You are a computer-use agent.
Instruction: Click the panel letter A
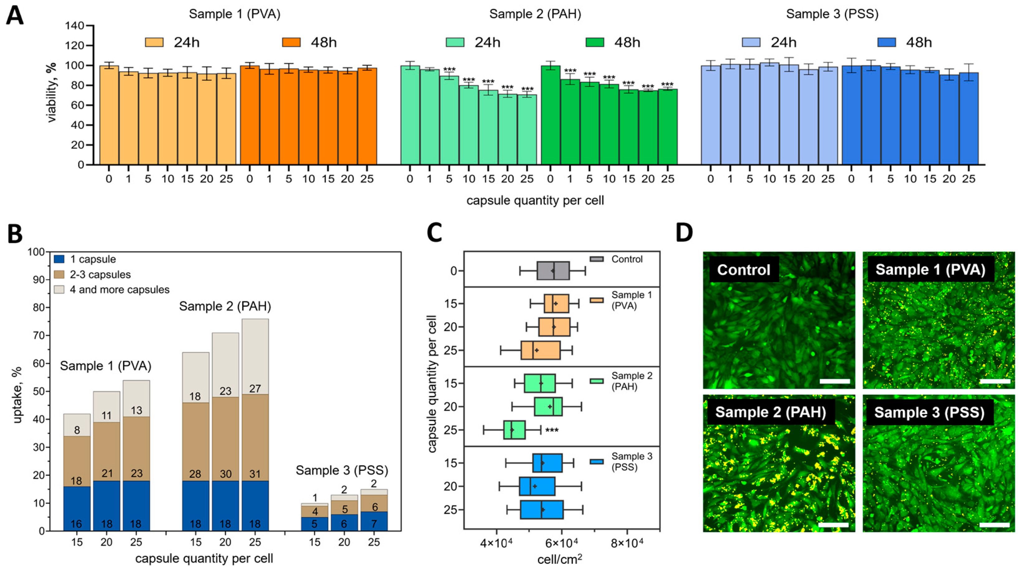coord(15,17)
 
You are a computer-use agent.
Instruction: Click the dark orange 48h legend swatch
coord(291,42)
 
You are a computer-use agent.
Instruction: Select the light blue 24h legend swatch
coord(751,42)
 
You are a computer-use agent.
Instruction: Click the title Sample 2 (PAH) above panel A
coord(535,14)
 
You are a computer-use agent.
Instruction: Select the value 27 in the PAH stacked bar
coord(255,389)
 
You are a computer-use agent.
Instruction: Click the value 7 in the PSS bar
coord(374,524)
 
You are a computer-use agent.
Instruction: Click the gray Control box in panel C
coord(553,271)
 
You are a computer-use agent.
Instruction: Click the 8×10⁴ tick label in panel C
coord(627,542)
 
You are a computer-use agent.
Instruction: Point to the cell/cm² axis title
coord(560,559)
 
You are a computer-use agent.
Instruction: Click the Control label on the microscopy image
coord(744,270)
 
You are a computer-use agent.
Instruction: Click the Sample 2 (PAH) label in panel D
coord(770,412)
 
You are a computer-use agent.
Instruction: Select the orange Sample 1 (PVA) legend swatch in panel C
coord(597,300)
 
